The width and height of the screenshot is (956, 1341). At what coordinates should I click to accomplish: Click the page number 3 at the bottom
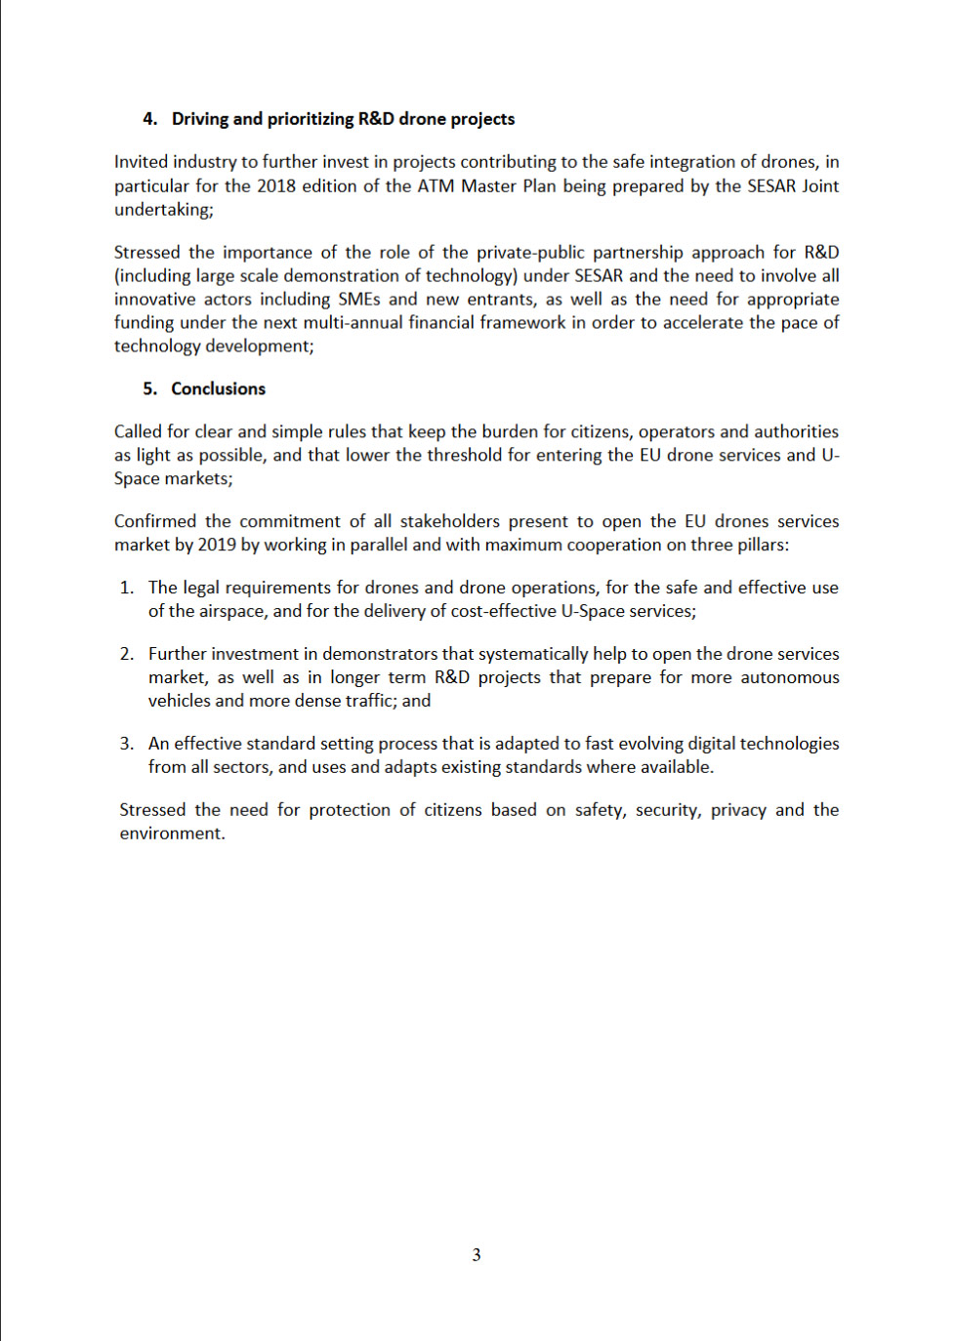pyautogui.click(x=477, y=1255)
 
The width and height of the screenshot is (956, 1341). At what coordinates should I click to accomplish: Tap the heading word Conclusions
pyautogui.click(x=218, y=388)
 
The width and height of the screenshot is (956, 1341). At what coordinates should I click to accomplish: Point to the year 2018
pyautogui.click(x=275, y=185)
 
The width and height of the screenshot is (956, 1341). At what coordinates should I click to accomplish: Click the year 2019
pyautogui.click(x=217, y=545)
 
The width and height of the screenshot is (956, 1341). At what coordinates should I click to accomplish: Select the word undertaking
pyautogui.click(x=162, y=209)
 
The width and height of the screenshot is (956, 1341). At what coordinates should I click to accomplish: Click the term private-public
pyautogui.click(x=530, y=252)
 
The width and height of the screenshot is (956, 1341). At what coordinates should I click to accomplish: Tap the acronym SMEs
pyautogui.click(x=358, y=299)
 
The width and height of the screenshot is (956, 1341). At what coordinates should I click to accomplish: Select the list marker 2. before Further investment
pyautogui.click(x=127, y=654)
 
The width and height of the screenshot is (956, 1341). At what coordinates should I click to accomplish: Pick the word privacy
pyautogui.click(x=737, y=810)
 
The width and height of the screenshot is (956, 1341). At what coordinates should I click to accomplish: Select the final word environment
pyautogui.click(x=171, y=833)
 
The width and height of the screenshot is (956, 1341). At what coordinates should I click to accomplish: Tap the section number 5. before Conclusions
pyautogui.click(x=149, y=388)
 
